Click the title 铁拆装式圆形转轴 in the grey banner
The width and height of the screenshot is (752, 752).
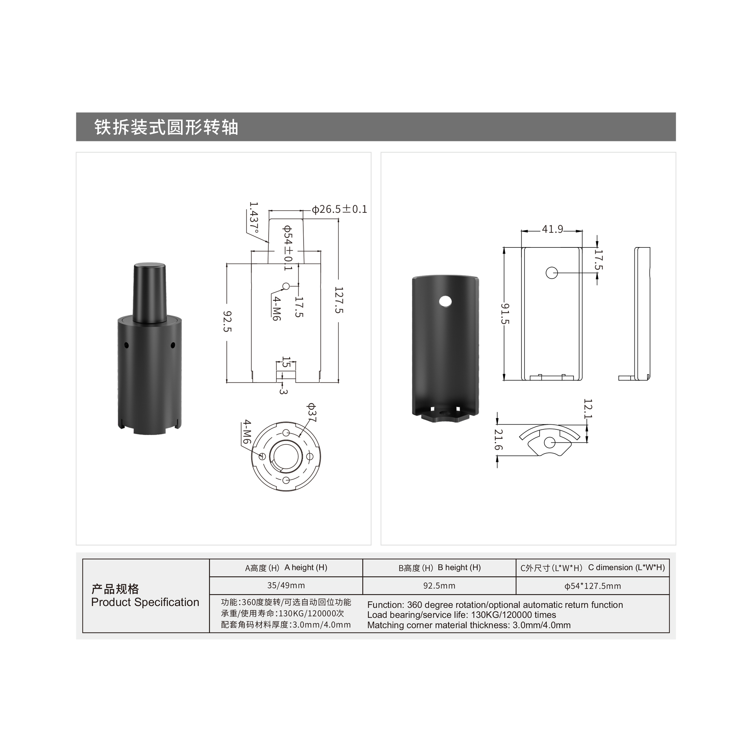click(x=166, y=127)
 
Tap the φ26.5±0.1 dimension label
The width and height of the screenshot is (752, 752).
click(x=340, y=209)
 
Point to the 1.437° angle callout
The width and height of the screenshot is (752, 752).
click(x=254, y=218)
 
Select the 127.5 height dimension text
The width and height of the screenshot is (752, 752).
click(x=339, y=300)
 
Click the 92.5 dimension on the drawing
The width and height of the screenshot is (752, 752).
click(x=227, y=321)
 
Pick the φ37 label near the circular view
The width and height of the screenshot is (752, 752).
click(x=312, y=412)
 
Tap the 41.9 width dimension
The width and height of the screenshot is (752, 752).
click(x=552, y=229)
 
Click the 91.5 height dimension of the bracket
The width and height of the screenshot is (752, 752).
click(x=505, y=314)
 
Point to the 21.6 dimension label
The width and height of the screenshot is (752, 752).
click(x=498, y=440)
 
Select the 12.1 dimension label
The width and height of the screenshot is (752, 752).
click(x=588, y=409)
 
